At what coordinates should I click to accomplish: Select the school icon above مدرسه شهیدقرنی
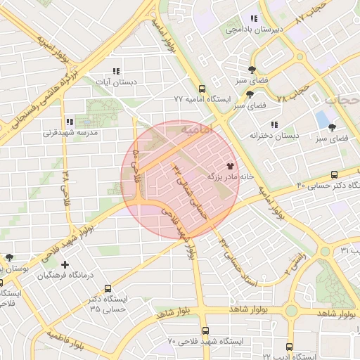(x=70, y=121)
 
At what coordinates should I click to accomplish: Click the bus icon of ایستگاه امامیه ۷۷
(x=202, y=89)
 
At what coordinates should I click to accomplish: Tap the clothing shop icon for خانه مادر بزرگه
(x=231, y=166)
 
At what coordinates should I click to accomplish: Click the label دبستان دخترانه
(x=274, y=134)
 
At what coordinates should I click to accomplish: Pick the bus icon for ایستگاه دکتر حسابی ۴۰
(x=334, y=174)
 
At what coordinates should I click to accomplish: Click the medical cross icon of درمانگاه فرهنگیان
(x=65, y=265)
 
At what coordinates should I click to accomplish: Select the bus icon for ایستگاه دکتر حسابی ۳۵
(x=108, y=288)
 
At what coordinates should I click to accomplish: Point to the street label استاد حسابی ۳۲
(x=238, y=260)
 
